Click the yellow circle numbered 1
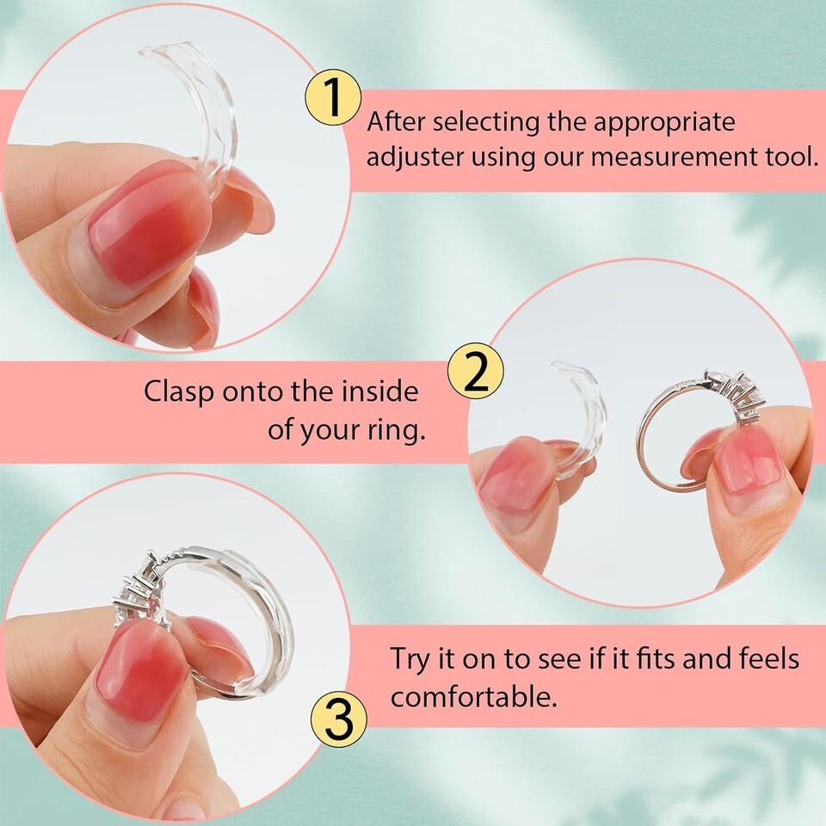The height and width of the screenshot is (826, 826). (333, 97)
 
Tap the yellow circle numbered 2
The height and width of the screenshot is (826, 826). (476, 370)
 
